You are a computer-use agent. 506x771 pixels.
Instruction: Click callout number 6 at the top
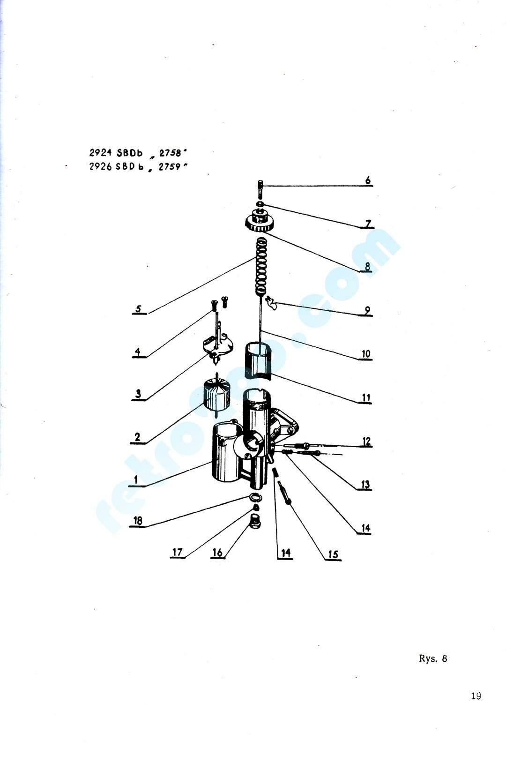pos(368,180)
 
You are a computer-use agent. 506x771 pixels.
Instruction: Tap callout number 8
pos(367,266)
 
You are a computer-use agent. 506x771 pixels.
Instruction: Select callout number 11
pos(365,397)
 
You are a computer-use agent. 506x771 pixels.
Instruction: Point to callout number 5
pos(138,308)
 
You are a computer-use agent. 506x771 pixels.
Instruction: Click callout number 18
pos(138,520)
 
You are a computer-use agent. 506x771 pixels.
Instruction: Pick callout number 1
pos(136,479)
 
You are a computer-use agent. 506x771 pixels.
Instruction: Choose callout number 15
pos(333,554)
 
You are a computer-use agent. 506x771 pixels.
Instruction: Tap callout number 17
pos(177,552)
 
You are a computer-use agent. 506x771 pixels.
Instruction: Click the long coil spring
pos(262,267)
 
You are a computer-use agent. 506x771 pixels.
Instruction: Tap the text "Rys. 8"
pos(433,659)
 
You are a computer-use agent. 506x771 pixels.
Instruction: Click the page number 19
pos(476,696)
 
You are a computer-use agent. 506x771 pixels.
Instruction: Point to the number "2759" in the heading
pos(170,167)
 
